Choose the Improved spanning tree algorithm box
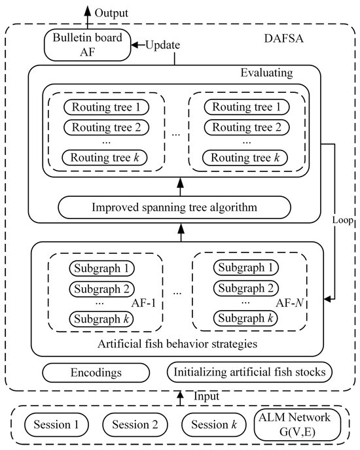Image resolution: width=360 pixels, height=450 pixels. tap(174, 208)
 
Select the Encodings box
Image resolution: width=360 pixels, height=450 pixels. tap(100, 372)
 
